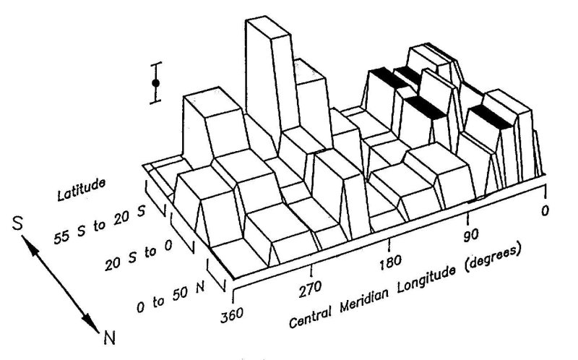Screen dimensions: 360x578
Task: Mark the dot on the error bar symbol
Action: pyautogui.click(x=155, y=84)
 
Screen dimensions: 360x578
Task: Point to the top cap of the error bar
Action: pyautogui.click(x=155, y=64)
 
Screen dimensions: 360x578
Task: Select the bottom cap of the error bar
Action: pyautogui.click(x=155, y=102)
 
